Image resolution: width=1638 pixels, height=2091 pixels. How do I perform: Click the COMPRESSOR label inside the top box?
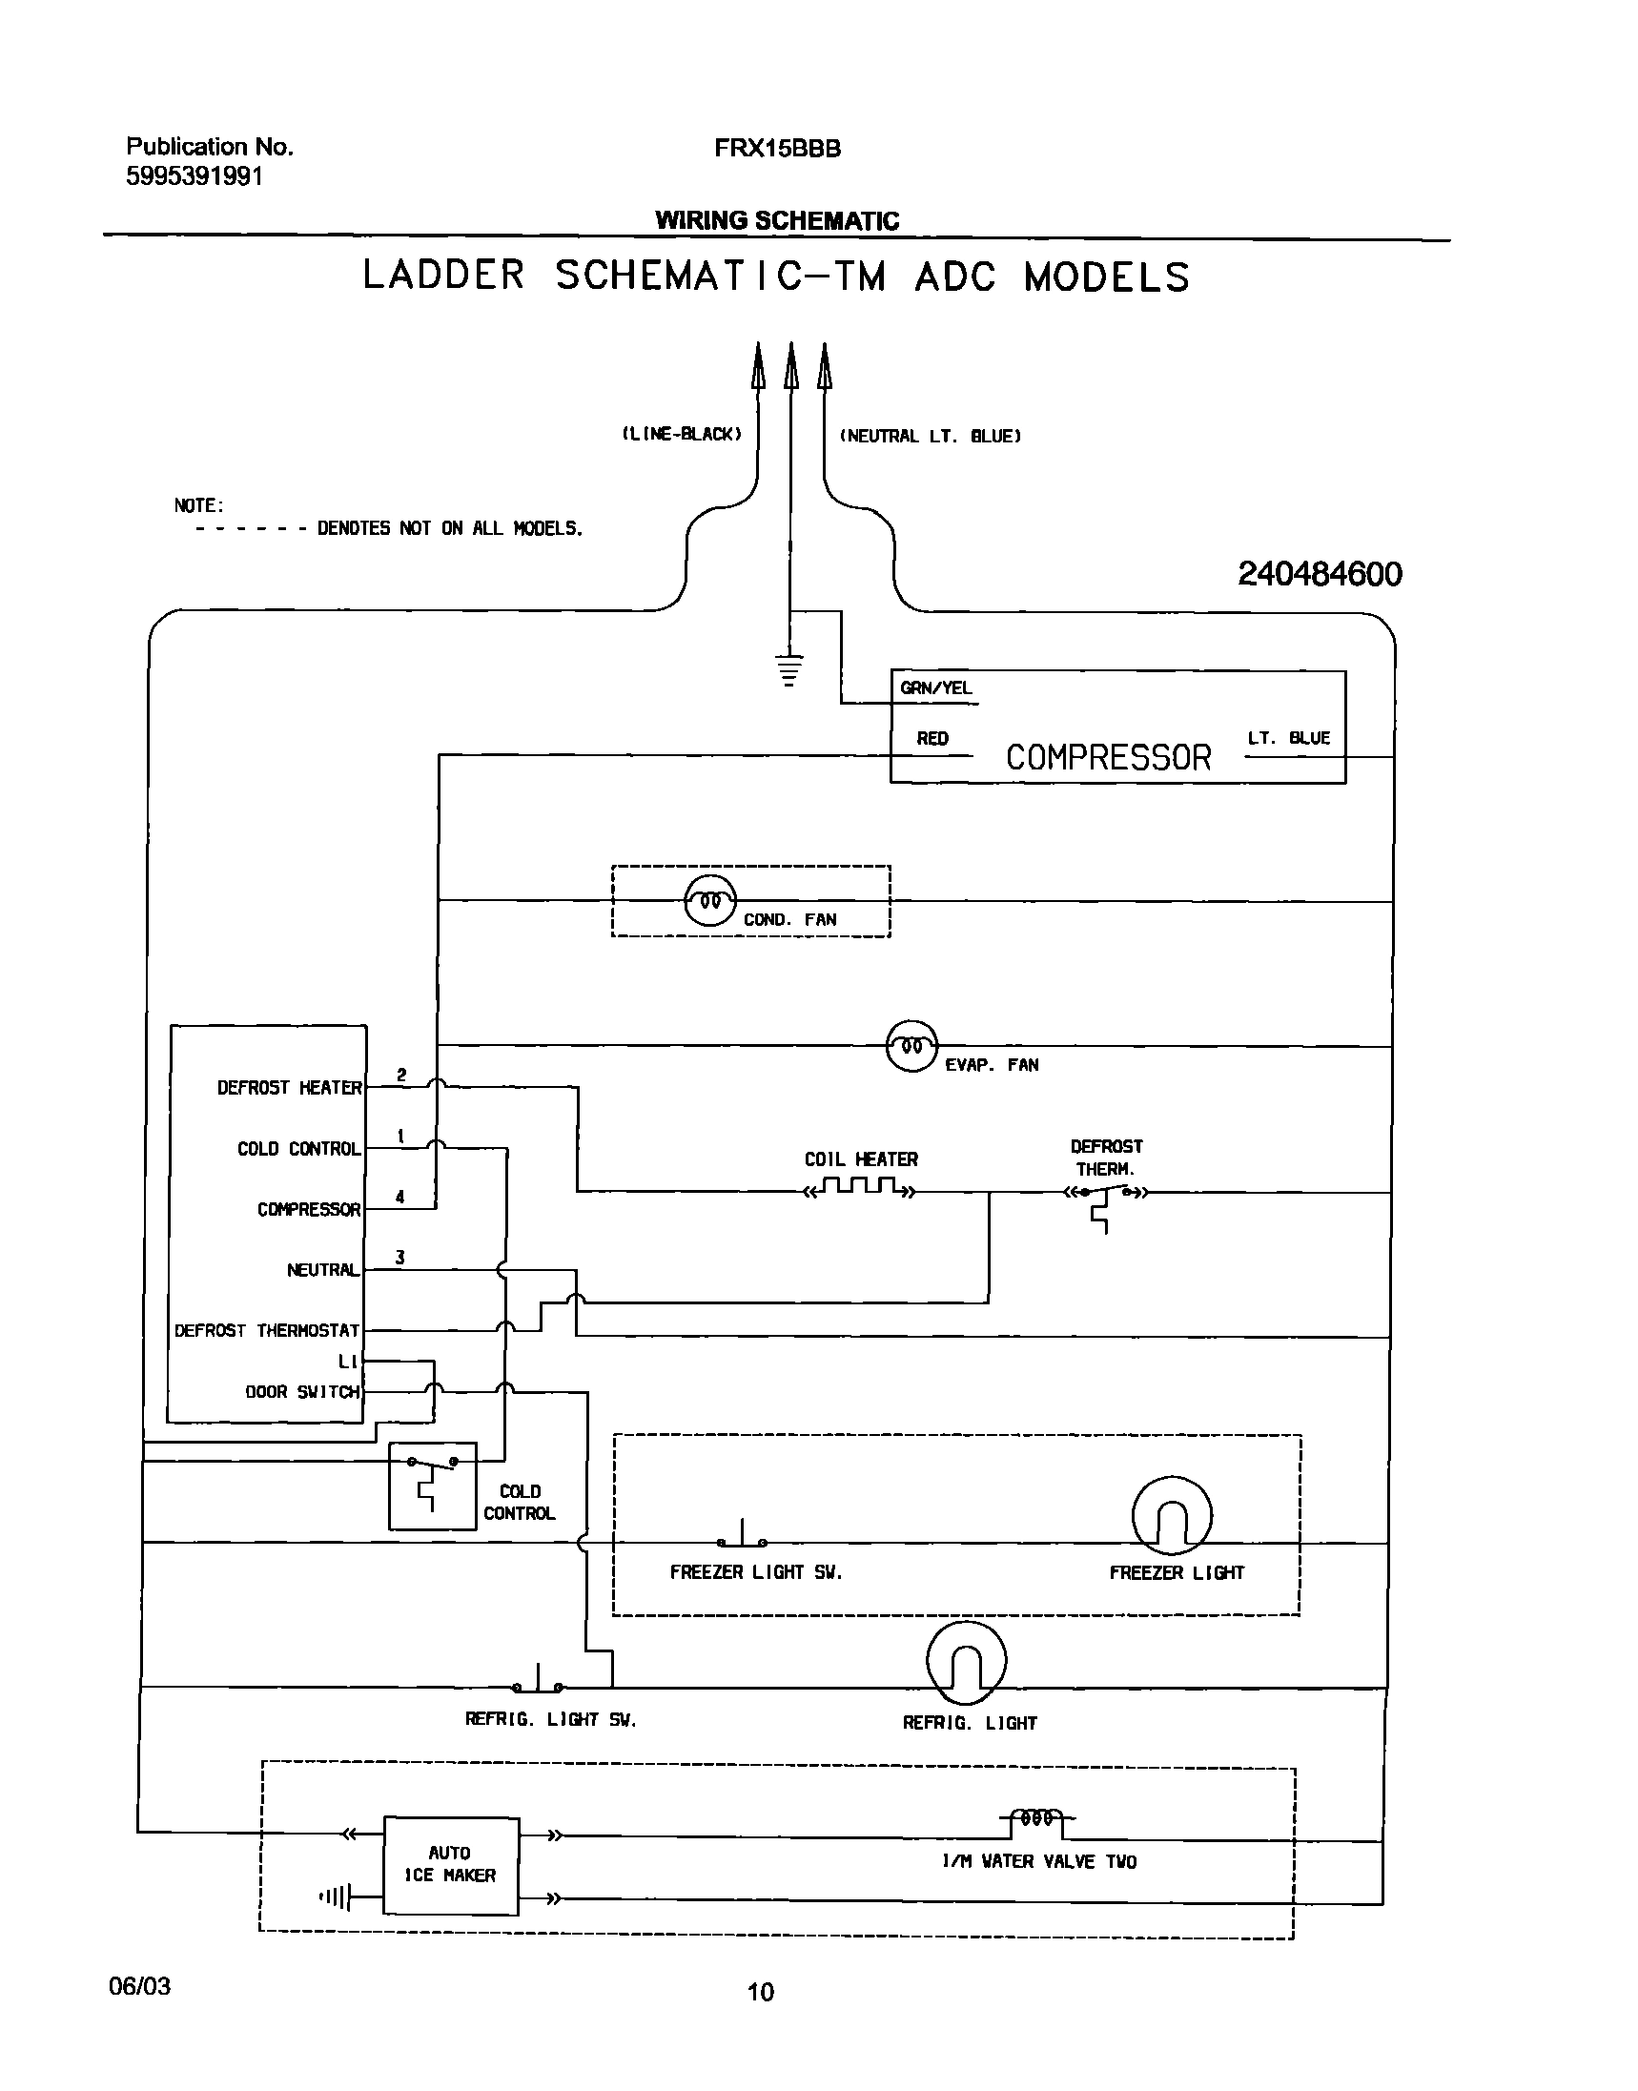(x=1108, y=758)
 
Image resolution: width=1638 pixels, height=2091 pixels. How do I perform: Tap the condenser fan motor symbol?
(x=710, y=901)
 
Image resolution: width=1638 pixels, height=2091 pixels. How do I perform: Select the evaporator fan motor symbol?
(x=911, y=1045)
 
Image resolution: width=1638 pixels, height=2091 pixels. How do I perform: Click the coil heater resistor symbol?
(x=860, y=1189)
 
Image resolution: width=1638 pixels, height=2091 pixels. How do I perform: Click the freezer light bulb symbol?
(x=1172, y=1515)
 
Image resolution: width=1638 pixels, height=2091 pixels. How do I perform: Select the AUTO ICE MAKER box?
(x=451, y=1865)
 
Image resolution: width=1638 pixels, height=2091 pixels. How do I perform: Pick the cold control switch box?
(x=433, y=1486)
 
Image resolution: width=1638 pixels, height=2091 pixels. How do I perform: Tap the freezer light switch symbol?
(x=743, y=1536)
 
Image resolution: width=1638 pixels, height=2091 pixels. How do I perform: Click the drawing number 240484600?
(x=1320, y=574)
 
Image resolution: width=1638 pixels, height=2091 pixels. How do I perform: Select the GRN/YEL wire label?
(x=935, y=687)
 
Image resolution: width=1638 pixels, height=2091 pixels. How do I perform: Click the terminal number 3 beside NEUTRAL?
(x=399, y=1257)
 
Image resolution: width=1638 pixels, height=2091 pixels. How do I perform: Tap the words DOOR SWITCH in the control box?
(x=302, y=1391)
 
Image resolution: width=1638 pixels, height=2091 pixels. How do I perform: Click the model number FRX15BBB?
(x=777, y=149)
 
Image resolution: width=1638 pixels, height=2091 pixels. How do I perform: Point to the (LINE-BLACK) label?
(x=682, y=434)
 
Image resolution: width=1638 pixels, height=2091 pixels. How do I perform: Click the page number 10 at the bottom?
(x=760, y=1992)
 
